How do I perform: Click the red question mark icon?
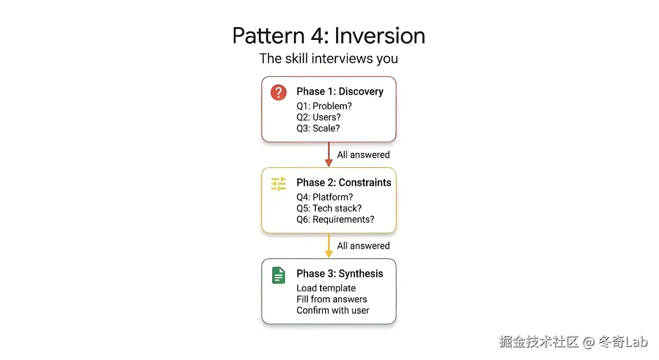[x=278, y=92]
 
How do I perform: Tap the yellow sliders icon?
[x=278, y=184]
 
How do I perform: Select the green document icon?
[x=278, y=275]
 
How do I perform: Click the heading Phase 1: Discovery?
[x=340, y=92]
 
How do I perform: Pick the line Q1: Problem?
[x=324, y=106]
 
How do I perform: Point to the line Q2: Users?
[x=319, y=117]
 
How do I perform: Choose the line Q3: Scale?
[x=318, y=128]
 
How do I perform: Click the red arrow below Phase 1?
[x=329, y=154]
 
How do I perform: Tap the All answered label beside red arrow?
[x=363, y=155]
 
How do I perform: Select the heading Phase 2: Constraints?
[x=344, y=183]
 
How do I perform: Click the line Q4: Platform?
[x=324, y=198]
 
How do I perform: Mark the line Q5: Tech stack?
[x=329, y=208]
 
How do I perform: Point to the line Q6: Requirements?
[x=335, y=219]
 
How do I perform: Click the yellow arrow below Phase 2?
[x=329, y=246]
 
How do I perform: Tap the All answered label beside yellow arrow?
[x=363, y=246]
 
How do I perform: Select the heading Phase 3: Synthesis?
[x=340, y=274]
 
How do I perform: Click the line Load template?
[x=326, y=288]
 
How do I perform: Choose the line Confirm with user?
[x=333, y=310]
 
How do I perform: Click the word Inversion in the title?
[x=380, y=36]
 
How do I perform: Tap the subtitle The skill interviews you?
[x=329, y=58]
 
